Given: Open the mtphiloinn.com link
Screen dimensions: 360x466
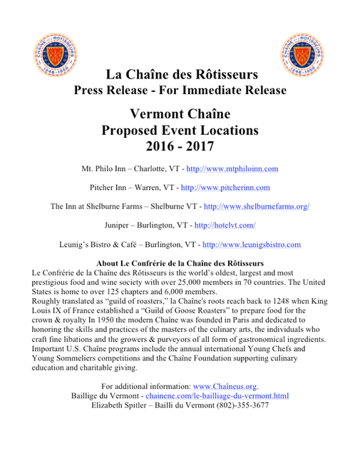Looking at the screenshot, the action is (232, 169).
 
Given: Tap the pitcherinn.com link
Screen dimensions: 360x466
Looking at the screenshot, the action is (225, 188).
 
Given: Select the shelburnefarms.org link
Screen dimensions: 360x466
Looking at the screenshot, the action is (256, 206).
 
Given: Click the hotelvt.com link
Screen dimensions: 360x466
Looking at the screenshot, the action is (225, 226).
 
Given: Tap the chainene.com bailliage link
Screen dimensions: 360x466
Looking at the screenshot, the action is (217, 395).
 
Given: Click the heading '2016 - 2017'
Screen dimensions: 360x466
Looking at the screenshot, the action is (180, 148).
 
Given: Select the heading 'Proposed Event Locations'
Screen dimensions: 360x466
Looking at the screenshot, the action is (180, 131).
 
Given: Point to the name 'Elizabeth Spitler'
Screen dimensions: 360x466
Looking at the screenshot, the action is (120, 405).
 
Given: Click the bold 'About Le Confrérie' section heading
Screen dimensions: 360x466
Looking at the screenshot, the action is (180, 263).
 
